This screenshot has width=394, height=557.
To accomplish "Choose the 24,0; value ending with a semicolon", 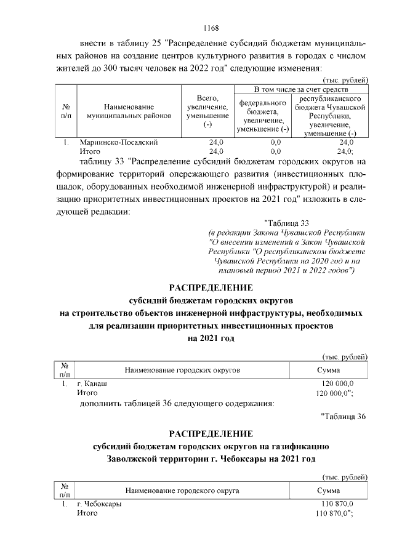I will point(345,151).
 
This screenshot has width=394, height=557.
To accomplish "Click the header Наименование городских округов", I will point(182,370).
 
